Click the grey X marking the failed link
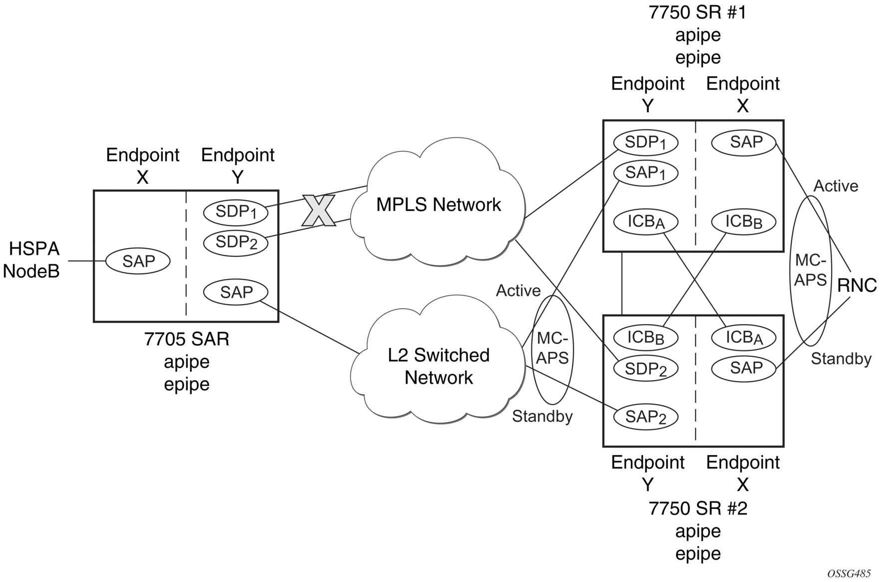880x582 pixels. (x=319, y=211)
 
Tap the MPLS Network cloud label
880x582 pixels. (x=438, y=205)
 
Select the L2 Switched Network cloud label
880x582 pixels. (x=439, y=366)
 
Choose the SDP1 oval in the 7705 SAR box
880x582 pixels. (x=236, y=212)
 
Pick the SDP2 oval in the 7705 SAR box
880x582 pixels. (x=236, y=242)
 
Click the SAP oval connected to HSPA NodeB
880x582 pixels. (x=138, y=261)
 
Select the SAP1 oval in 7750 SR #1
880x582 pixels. (x=645, y=173)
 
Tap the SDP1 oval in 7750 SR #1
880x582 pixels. (x=645, y=142)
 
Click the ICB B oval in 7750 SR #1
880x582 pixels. (x=743, y=221)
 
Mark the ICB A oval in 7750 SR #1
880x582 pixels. (x=645, y=221)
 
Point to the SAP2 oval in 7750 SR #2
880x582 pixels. (x=645, y=417)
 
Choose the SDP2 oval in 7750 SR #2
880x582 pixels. (x=645, y=369)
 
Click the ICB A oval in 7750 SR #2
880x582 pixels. (x=743, y=337)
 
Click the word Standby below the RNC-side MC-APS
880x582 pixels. (x=841, y=359)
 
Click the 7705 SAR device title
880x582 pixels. (x=187, y=339)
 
